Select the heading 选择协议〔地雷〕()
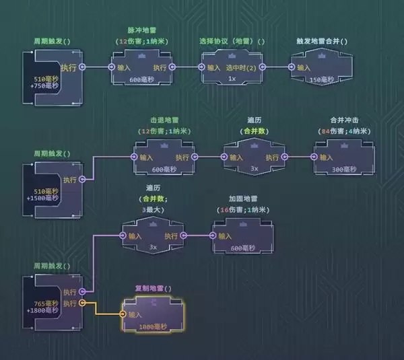click(x=232, y=41)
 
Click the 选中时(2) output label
click(x=241, y=67)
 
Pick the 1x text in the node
click(x=232, y=79)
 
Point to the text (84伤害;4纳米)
click(x=341, y=131)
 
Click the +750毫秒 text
click(x=47, y=87)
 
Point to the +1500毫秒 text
click(x=47, y=199)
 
